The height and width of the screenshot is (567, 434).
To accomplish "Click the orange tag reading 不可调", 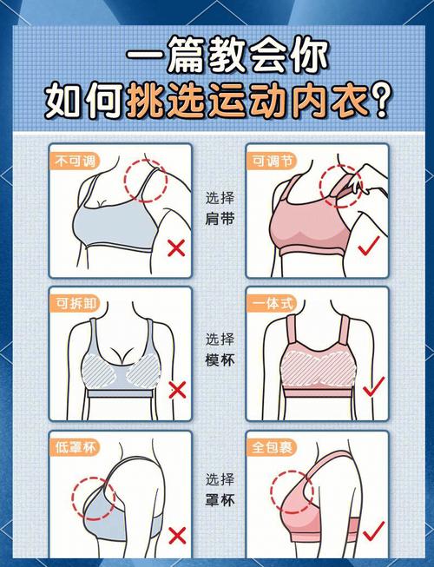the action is click(x=74, y=161).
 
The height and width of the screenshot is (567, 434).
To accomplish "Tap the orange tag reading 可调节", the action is click(x=272, y=161).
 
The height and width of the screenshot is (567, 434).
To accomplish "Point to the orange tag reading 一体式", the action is click(x=272, y=303).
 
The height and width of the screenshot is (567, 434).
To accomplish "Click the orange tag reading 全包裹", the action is click(x=272, y=447).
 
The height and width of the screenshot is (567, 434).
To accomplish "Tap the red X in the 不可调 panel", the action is click(x=176, y=248).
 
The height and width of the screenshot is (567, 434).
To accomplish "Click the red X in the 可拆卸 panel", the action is click(x=177, y=390).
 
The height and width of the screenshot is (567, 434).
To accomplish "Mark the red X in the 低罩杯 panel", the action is click(x=177, y=536).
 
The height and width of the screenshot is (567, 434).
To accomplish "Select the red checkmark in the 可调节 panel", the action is click(x=369, y=246).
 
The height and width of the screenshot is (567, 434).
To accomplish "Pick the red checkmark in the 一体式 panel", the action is click(x=374, y=386).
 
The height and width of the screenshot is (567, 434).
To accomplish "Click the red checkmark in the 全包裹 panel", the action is click(x=373, y=531).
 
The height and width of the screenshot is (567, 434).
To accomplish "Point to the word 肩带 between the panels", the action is click(x=220, y=219).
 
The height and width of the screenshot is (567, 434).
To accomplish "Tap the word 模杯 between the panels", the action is click(x=220, y=360).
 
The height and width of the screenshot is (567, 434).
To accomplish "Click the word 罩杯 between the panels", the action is click(x=220, y=500).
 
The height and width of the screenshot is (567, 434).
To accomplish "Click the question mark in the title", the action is click(x=380, y=100).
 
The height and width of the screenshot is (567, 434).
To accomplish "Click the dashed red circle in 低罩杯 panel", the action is click(x=94, y=498).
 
